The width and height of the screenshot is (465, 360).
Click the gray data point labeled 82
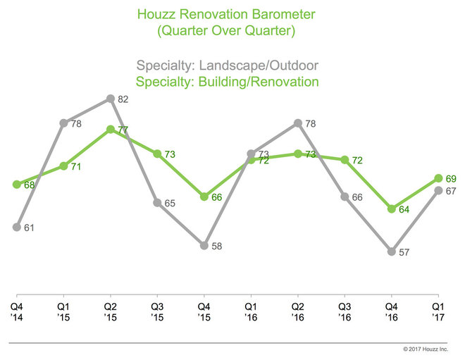(110, 99)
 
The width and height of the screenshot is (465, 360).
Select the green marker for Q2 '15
(110, 130)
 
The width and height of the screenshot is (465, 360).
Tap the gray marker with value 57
(392, 251)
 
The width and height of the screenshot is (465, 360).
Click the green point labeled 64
(392, 209)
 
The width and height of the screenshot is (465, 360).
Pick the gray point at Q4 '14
(16, 227)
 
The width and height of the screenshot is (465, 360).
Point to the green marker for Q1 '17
(438, 178)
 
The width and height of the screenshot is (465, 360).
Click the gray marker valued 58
(204, 245)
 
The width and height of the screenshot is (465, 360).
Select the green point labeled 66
(204, 197)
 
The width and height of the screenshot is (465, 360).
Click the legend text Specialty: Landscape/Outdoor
(232, 66)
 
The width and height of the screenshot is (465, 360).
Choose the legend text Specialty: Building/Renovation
(232, 82)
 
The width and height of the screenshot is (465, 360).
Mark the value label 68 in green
(30, 185)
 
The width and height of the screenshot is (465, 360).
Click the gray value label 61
(30, 228)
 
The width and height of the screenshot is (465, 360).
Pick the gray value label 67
(452, 192)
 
